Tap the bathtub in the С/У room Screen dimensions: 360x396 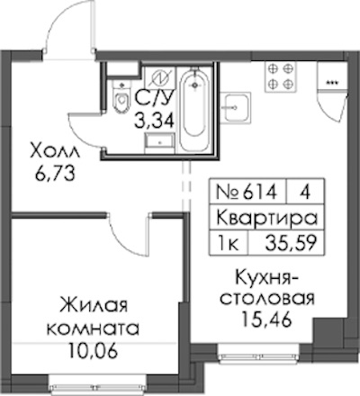pyautogui.click(x=195, y=110)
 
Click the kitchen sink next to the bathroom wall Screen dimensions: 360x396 pyautogui.click(x=236, y=108)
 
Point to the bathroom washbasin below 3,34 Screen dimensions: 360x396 pyautogui.click(x=160, y=143)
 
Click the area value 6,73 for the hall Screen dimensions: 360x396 pyautogui.click(x=54, y=174)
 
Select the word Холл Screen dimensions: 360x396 pyautogui.click(x=55, y=151)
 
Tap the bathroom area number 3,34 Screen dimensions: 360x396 pyautogui.click(x=154, y=121)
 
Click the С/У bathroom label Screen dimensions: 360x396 pyautogui.click(x=154, y=98)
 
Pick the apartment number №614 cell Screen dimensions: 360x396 pyautogui.click(x=247, y=192)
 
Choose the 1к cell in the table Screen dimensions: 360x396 pyautogui.click(x=229, y=243)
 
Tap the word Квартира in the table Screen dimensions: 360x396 pyautogui.click(x=267, y=218)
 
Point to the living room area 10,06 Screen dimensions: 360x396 pyautogui.click(x=93, y=349)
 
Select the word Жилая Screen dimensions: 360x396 pyautogui.click(x=94, y=305)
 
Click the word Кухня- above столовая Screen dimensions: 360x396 pyautogui.click(x=266, y=277)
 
